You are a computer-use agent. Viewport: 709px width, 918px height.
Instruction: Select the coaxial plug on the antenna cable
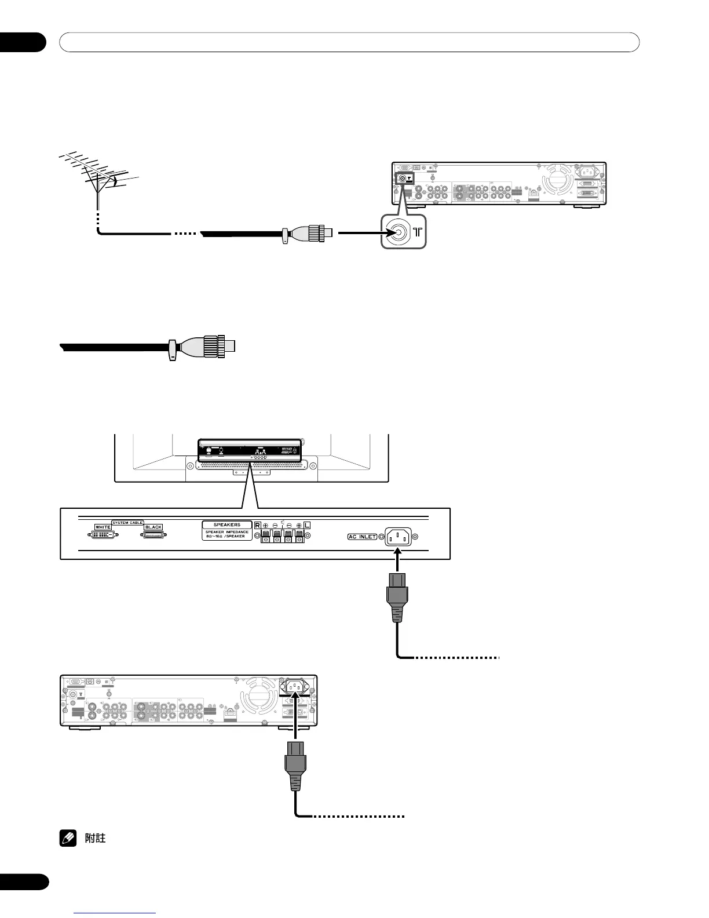pos(313,234)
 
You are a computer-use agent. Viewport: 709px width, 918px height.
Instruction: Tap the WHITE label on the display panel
pos(103,527)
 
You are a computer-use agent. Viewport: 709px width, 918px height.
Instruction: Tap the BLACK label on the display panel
pos(153,527)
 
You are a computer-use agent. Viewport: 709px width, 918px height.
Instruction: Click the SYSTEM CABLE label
pos(128,523)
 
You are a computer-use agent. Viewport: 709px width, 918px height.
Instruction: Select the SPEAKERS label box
pos(227,524)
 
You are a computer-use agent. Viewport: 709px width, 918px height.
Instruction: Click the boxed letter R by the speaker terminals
pos(257,525)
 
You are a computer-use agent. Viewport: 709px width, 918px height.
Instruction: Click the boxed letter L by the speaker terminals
pos(307,525)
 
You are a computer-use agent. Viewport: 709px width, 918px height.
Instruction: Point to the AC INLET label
pos(362,537)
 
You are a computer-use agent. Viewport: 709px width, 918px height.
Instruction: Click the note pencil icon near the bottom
pos(66,838)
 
